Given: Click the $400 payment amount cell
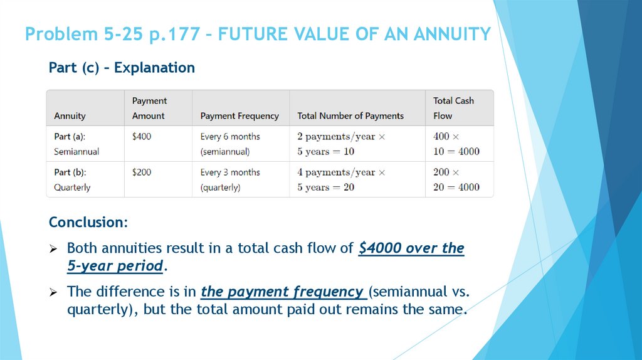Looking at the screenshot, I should tap(142, 136).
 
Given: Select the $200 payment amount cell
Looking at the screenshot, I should tap(142, 172).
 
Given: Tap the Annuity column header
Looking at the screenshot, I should tap(70, 116).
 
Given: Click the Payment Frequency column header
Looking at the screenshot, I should tap(239, 116).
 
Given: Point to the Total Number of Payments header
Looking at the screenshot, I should tap(350, 116).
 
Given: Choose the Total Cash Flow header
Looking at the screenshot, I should tap(453, 108).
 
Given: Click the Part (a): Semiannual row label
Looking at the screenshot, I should tap(76, 144).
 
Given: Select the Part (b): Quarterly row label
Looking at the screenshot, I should tap(72, 179).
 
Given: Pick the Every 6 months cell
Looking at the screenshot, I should tap(229, 144).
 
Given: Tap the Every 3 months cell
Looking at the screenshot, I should tap(229, 179).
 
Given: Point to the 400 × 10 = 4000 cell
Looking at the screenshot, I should tap(456, 144).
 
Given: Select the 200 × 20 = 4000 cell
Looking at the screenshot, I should tap(456, 179).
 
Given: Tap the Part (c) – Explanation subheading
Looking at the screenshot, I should tap(122, 68).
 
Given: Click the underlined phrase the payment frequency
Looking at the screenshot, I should tap(283, 292).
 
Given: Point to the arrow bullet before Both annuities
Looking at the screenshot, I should tap(54, 249).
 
